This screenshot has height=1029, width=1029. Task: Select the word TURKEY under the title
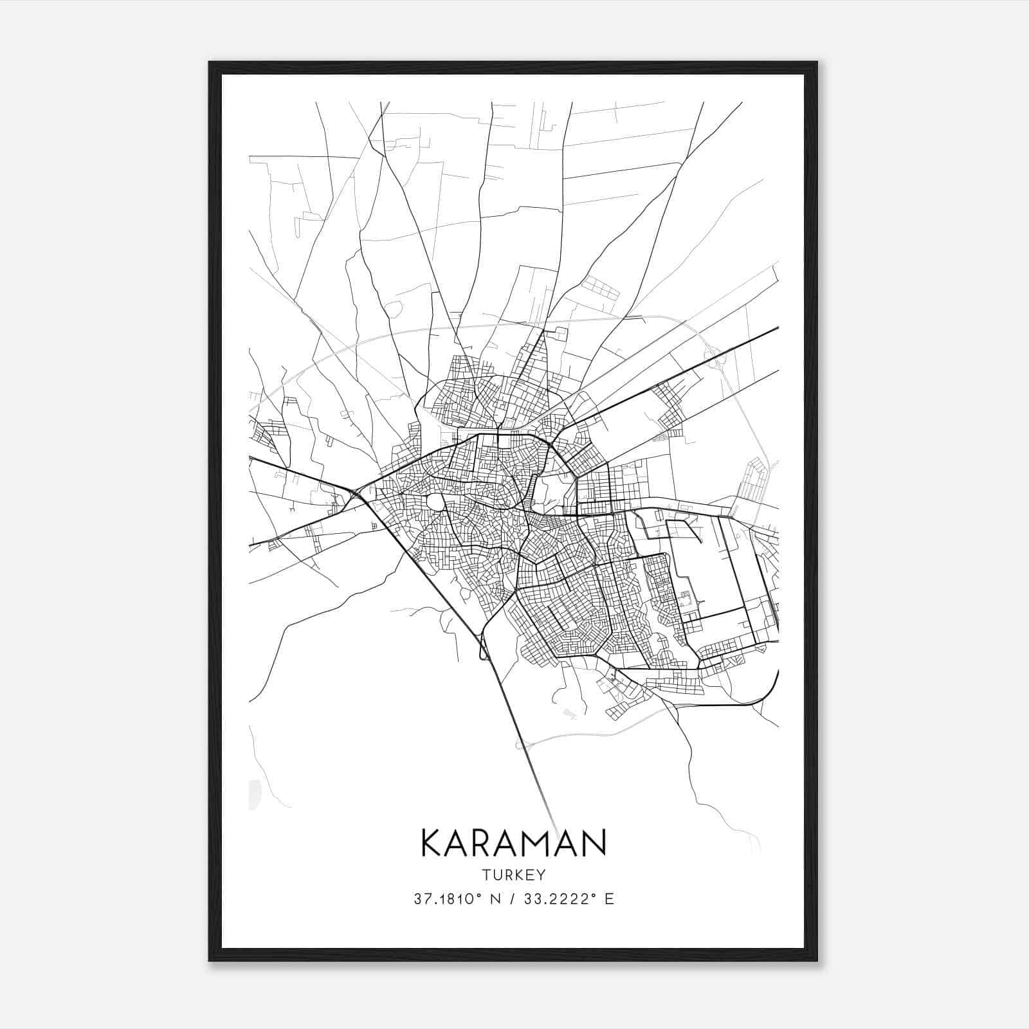pyautogui.click(x=513, y=875)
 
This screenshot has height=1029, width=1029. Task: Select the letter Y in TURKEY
pyautogui.click(x=541, y=875)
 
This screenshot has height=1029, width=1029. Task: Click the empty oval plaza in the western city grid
pyautogui.click(x=435, y=502)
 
